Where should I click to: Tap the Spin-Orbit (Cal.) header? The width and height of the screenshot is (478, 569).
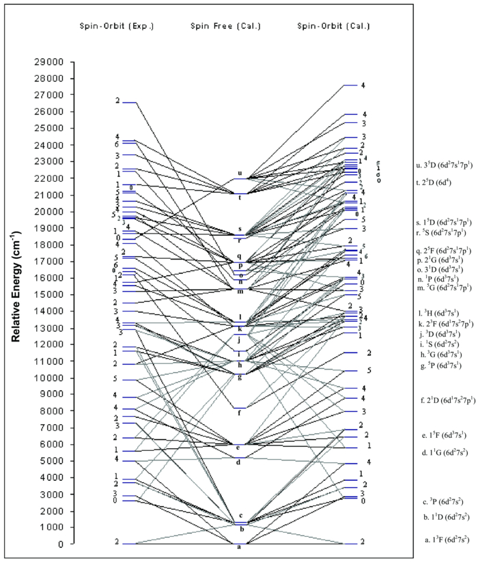pyautogui.click(x=333, y=26)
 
